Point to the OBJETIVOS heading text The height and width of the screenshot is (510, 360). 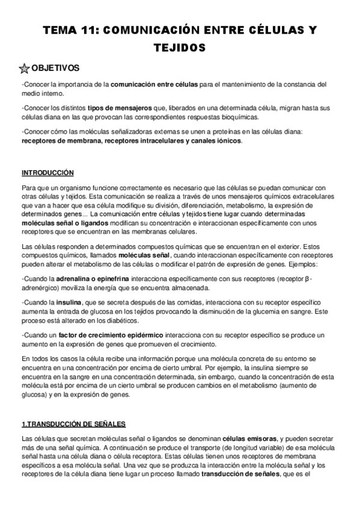[55, 68]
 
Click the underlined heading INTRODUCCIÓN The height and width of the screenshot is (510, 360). [47, 173]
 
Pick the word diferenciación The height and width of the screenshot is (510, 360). [178, 204]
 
